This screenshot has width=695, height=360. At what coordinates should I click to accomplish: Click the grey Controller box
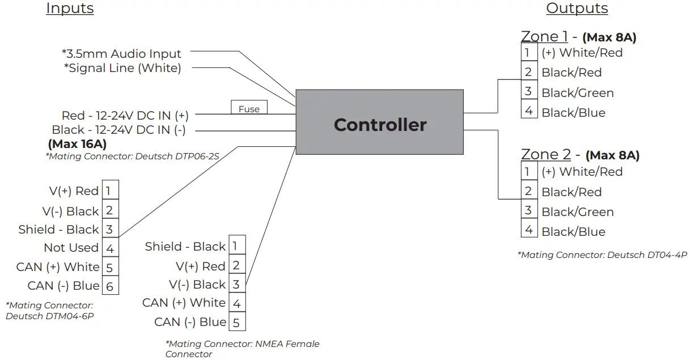click(379, 122)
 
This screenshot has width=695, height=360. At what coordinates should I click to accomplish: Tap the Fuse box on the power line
click(249, 108)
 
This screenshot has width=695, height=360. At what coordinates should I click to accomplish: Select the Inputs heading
click(70, 9)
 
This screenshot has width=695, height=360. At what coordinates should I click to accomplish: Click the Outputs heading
click(577, 9)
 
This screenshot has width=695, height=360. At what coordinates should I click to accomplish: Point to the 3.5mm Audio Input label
click(121, 54)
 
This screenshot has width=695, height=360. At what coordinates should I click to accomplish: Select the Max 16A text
click(77, 144)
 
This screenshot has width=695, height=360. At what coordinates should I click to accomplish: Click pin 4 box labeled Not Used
click(110, 248)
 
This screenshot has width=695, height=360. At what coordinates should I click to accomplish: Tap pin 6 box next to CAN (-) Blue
click(110, 286)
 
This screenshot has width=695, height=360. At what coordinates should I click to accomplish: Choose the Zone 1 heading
click(544, 37)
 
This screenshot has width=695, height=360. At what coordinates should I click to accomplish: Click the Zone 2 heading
click(546, 154)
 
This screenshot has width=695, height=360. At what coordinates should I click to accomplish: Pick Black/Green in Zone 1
click(577, 93)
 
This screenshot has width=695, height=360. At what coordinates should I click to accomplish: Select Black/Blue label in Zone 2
click(573, 232)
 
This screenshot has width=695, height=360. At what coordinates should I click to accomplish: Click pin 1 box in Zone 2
click(528, 171)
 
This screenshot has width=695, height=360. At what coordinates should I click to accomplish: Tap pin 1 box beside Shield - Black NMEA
click(236, 245)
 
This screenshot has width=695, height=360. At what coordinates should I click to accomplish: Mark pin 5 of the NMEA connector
click(236, 323)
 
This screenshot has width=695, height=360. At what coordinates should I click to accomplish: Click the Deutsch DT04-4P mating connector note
click(602, 255)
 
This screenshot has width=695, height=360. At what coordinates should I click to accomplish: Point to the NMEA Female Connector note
click(242, 349)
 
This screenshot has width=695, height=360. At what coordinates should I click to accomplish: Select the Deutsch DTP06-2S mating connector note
click(132, 156)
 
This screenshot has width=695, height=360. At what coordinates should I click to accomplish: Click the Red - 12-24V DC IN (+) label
click(125, 116)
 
